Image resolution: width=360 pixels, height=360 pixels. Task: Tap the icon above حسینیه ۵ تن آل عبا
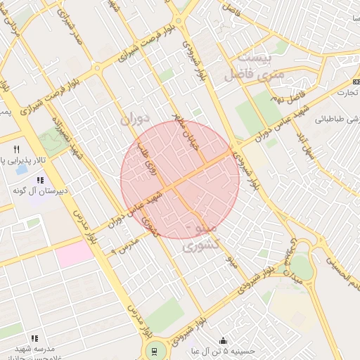point(224,340)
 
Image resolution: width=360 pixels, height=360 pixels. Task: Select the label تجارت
point(345,92)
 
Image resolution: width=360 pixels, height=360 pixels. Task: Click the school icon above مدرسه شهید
point(34,338)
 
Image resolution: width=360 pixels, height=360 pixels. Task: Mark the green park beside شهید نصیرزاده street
point(50,141)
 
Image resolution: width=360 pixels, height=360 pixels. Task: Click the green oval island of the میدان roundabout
point(300,266)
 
